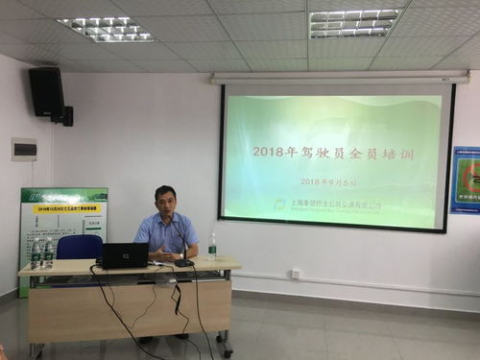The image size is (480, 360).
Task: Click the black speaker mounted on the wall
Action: coord(46,92)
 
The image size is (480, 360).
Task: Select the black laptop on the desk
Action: coord(125,254)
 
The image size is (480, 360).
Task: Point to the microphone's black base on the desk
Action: coord(184,262)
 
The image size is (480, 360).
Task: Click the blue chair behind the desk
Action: coord(79,248)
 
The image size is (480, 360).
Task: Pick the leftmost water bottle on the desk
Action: coord(36,254)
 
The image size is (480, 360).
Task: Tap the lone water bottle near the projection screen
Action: coord(212,247)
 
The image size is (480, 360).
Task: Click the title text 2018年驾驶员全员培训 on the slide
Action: coord(317,151)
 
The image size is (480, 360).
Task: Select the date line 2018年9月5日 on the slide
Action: coord(327,180)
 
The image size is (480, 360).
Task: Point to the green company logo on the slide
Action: coord(279,204)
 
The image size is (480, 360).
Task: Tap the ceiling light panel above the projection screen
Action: coord(354,23)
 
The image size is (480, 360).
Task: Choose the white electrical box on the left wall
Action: coord(24,149)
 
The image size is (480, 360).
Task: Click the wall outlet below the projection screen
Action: coord(296,274)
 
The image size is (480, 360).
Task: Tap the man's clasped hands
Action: coord(166,255)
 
